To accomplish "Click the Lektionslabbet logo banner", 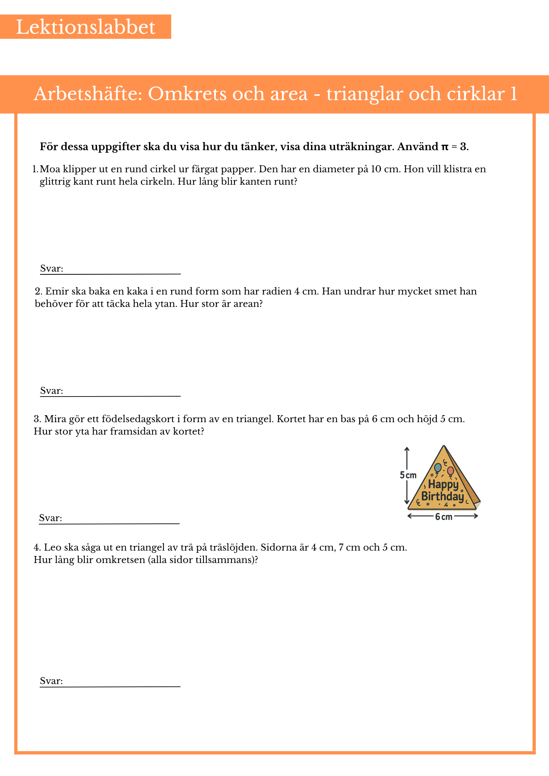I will [x=85, y=27].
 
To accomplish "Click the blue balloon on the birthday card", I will [x=438, y=468].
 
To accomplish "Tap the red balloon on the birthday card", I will [x=450, y=471].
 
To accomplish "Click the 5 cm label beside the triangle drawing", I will [x=408, y=475].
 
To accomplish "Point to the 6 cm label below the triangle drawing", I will [x=443, y=517].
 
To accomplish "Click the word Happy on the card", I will [x=443, y=485].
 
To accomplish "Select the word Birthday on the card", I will [x=443, y=497].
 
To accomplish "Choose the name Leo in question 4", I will [x=52, y=547].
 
